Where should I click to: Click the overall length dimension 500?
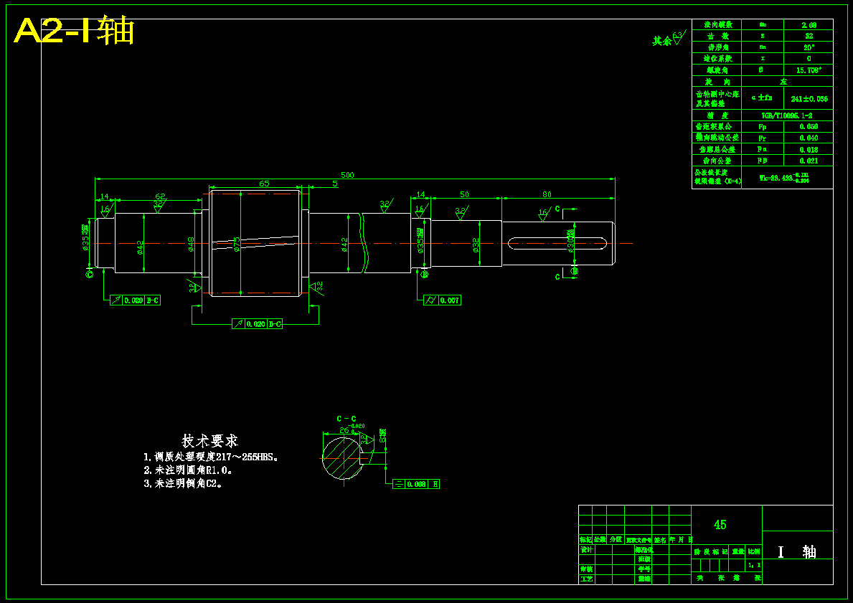(347, 175)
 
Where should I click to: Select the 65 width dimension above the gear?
(264, 184)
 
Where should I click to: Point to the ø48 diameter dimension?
(191, 244)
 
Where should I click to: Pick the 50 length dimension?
(464, 194)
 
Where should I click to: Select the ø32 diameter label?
(476, 245)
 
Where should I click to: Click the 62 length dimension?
(160, 196)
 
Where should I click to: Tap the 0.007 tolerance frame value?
(450, 300)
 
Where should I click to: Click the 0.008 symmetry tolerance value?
(417, 484)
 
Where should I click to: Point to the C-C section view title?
(347, 418)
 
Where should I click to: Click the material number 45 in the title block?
(720, 525)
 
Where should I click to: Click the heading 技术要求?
(209, 441)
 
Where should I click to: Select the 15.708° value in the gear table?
(809, 70)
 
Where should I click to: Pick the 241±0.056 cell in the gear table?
(809, 99)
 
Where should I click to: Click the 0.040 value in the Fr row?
(809, 138)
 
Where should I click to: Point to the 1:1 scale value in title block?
(754, 565)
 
